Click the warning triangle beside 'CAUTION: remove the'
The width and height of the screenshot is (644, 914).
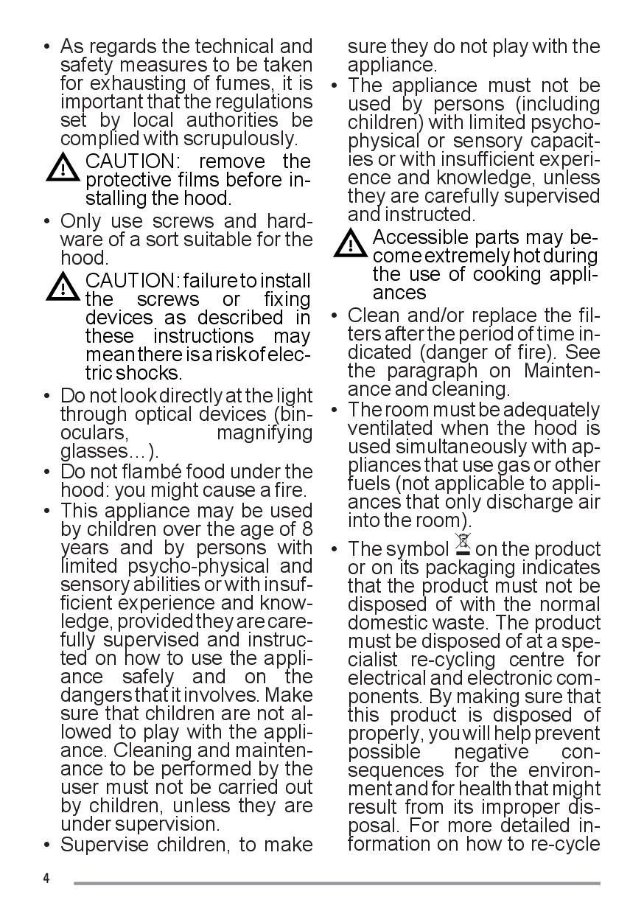(x=64, y=169)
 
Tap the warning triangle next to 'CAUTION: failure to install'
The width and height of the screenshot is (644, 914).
(x=64, y=287)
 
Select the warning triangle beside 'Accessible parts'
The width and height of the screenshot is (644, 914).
(x=351, y=244)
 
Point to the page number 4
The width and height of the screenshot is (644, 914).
(x=46, y=879)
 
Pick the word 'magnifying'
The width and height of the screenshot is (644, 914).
(x=265, y=433)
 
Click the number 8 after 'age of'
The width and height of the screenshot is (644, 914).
(x=307, y=529)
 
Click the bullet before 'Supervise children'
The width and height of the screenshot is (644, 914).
(x=47, y=845)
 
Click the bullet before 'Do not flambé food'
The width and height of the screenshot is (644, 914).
(x=47, y=472)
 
